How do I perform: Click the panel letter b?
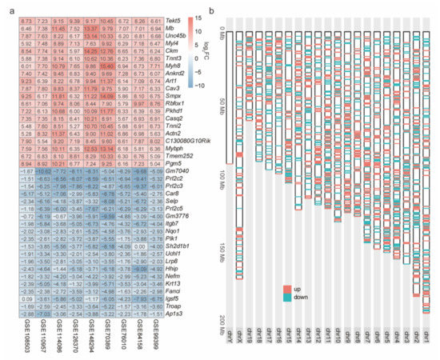tap(210, 10)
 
